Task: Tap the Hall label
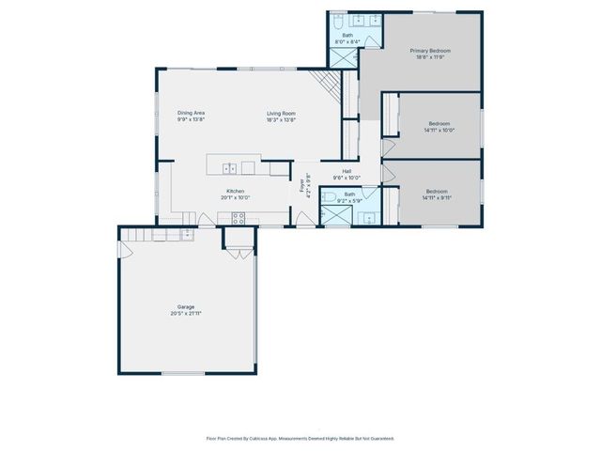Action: (x=347, y=171)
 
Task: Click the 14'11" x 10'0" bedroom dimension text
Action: (x=439, y=131)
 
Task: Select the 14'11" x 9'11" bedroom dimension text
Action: (x=438, y=197)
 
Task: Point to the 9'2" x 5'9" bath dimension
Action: (x=349, y=200)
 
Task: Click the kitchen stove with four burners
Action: (x=239, y=218)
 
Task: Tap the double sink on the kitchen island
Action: (x=229, y=168)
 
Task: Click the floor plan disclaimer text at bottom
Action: (x=300, y=438)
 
